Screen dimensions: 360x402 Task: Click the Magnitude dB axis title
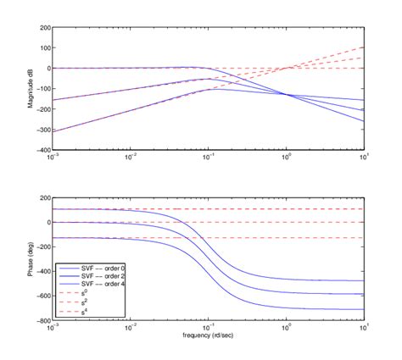tap(32, 88)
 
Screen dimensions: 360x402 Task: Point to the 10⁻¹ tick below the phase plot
tap(209, 328)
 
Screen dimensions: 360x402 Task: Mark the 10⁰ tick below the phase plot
tap(287, 328)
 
